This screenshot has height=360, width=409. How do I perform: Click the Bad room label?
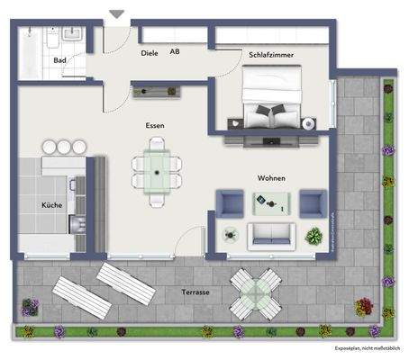pos(60,60)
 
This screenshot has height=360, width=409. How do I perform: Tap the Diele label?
pos(150,53)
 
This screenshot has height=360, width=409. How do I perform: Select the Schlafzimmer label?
pos(269,54)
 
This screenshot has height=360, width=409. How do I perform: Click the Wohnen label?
pos(271,178)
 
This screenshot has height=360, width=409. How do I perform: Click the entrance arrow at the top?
pos(116,14)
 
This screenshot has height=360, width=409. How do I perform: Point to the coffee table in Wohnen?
pos(271,204)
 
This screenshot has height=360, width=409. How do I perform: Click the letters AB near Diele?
pos(177,53)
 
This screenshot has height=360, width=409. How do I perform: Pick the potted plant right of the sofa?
pos(314,238)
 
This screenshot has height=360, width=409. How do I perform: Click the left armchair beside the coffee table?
pos(229,203)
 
